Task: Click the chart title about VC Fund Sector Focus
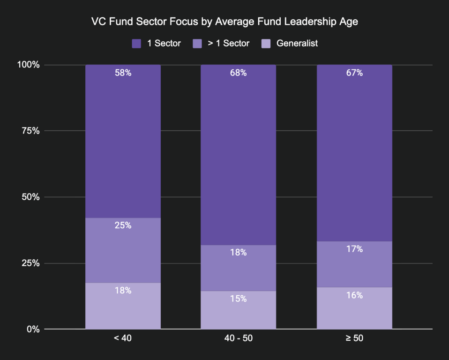click(x=224, y=22)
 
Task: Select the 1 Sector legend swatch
click(x=136, y=44)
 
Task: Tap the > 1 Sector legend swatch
click(x=197, y=44)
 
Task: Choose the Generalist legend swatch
click(x=266, y=44)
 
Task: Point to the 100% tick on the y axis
click(x=29, y=65)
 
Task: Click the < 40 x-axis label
click(x=122, y=338)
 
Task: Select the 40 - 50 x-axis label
click(x=238, y=338)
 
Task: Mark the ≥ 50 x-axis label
click(x=354, y=338)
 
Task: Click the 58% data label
click(x=123, y=73)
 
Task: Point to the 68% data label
click(x=238, y=73)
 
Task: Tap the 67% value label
click(x=354, y=73)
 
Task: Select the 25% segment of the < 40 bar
click(x=123, y=250)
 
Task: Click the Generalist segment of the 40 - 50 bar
click(x=238, y=310)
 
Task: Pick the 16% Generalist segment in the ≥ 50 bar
click(x=354, y=308)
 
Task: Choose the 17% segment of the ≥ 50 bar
click(x=354, y=264)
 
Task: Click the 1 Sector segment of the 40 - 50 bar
click(x=238, y=155)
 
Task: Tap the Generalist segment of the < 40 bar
click(x=123, y=306)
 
